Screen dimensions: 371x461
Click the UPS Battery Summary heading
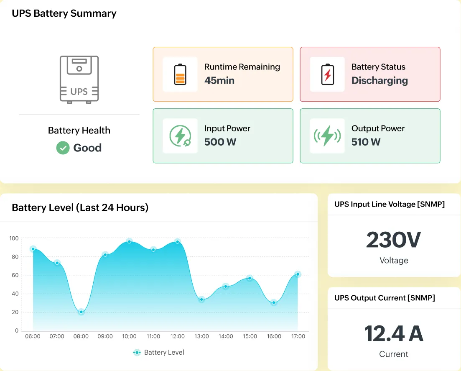[x=64, y=13]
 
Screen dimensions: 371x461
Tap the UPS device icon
[x=79, y=79]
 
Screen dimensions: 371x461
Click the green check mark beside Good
[x=63, y=148]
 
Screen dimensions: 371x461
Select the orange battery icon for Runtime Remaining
[x=180, y=74]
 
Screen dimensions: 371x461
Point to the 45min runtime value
[x=219, y=80]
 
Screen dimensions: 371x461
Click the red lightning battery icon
[x=327, y=74]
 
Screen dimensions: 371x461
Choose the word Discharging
[x=379, y=80]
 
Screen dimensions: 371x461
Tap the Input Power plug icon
[x=180, y=136]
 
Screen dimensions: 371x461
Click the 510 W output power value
[x=366, y=142]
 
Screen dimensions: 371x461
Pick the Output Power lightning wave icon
[x=327, y=136]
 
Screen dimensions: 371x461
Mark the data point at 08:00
[x=81, y=312]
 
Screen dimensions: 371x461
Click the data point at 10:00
[x=129, y=241]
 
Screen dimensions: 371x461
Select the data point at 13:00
[x=201, y=299]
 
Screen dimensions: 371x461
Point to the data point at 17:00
[x=298, y=274]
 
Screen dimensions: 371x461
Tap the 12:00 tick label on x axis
[x=177, y=336]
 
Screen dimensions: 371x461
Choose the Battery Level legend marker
[x=137, y=353]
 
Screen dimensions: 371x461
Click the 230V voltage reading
[x=393, y=240]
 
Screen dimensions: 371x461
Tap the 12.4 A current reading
[x=393, y=333]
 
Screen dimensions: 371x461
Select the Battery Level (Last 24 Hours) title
[x=80, y=207]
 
